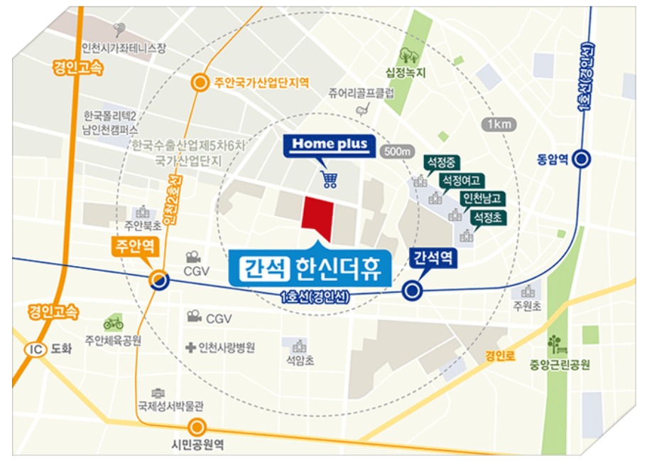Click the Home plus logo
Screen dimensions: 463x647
(330, 145)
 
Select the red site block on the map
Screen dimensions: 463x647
(317, 215)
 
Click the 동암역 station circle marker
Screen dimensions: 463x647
(582, 159)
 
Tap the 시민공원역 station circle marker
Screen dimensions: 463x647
(197, 427)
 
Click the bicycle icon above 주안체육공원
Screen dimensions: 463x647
(113, 323)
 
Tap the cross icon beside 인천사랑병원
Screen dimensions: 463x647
(190, 348)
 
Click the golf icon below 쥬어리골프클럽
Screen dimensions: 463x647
(364, 108)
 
